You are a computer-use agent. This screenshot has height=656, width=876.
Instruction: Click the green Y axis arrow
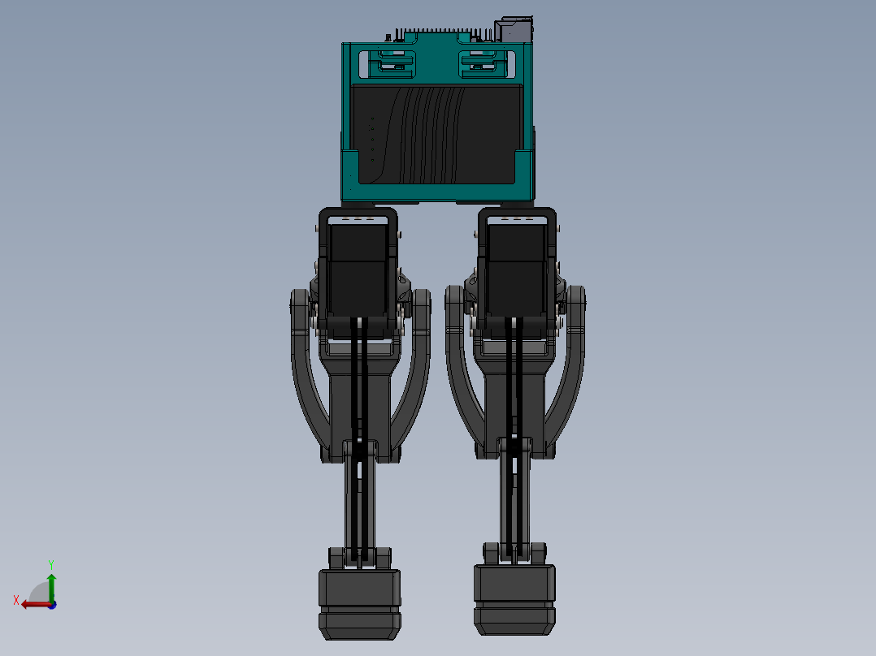pos(51,585)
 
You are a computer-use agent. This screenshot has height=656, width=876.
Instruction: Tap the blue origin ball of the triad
pos(52,604)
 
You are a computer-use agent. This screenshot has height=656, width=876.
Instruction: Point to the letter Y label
pos(51,563)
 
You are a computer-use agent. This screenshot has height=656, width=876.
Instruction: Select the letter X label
pos(16,600)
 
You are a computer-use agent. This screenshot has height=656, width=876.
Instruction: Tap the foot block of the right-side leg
pos(514,599)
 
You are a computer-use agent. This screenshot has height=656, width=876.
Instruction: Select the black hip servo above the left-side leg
pos(358,268)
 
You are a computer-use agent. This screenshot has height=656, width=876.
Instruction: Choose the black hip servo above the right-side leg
pos(517,268)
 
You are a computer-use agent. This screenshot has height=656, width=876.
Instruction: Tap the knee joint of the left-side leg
pos(360,450)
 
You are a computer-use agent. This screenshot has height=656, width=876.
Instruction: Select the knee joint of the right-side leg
pos(515,447)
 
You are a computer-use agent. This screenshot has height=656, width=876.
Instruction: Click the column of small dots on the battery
pos(373,139)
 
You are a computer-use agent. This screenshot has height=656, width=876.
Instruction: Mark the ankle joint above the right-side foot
pos(514,554)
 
